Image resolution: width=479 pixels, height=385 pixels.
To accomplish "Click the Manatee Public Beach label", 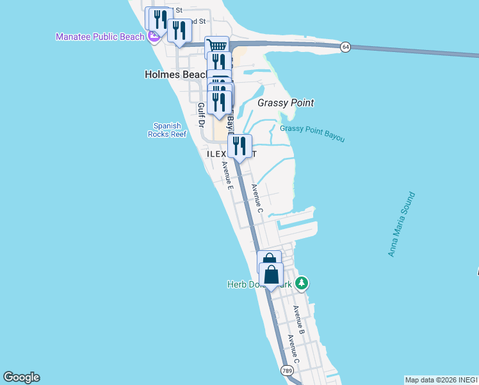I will coord(100,37).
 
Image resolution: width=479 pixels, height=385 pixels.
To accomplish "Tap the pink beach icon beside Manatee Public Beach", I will coord(154,37).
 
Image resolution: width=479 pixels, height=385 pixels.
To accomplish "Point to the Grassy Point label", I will coord(285,103).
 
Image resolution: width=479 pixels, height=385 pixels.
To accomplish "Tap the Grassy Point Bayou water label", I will coord(312,133).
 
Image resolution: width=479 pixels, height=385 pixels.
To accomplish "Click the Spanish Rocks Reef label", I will coord(166,130).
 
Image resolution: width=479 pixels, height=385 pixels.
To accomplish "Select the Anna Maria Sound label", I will coord(402,225).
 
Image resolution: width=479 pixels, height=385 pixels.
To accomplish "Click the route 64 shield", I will coord(345,47).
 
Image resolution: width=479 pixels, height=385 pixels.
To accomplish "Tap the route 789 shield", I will coord(286,370).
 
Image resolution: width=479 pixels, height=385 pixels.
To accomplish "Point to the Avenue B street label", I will coord(298,320).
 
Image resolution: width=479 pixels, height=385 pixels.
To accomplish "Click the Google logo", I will coord(21,377).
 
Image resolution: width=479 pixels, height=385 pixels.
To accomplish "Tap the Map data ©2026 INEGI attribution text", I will coord(441,380).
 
